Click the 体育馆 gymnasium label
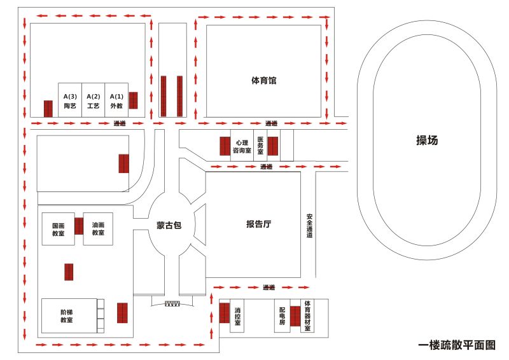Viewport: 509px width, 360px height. coord(263,81)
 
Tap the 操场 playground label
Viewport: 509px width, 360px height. coord(427,141)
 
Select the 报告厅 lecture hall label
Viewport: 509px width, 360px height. coord(259,224)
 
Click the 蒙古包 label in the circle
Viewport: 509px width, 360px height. coord(169,225)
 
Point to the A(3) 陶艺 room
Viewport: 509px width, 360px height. coord(70,100)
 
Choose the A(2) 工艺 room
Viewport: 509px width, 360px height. coord(93,100)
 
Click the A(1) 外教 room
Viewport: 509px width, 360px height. coord(116,100)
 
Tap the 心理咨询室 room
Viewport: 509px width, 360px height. coord(242,147)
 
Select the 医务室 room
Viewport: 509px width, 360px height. coord(260,146)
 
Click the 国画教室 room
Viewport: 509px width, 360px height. coord(58,229)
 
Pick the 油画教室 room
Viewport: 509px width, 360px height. coord(98,229)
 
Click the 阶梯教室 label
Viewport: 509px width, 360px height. coord(67,316)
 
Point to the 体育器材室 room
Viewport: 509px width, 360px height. coord(307,316)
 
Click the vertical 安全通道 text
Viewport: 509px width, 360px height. coord(309,225)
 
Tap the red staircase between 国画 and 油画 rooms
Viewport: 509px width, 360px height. coord(79,226)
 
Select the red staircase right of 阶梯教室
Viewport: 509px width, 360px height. coord(122,313)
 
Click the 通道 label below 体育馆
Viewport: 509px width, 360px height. coord(272,123)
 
